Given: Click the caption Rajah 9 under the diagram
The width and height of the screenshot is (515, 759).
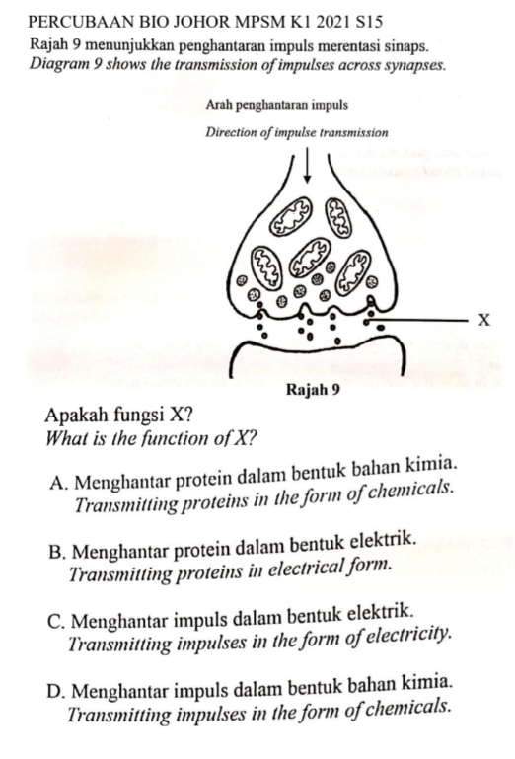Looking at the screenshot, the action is pos(312,388).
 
